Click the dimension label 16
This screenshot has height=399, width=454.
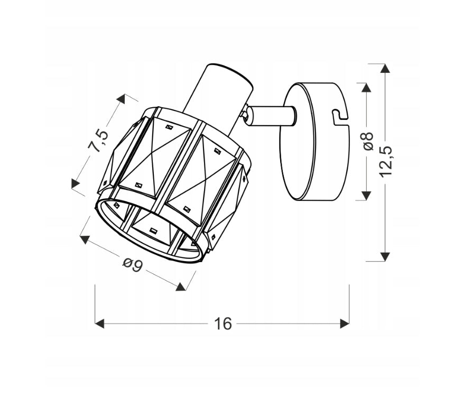(x=223, y=324)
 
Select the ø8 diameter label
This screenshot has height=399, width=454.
(x=367, y=141)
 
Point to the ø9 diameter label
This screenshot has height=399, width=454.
(x=133, y=265)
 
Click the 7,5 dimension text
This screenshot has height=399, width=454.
(x=98, y=141)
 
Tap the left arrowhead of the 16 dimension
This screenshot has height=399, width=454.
(x=99, y=324)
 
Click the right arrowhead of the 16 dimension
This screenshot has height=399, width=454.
(x=345, y=324)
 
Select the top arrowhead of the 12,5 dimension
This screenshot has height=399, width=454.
(x=385, y=68)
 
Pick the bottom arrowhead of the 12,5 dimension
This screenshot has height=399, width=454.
(x=385, y=256)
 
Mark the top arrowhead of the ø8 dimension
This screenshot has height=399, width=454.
(x=367, y=88)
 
